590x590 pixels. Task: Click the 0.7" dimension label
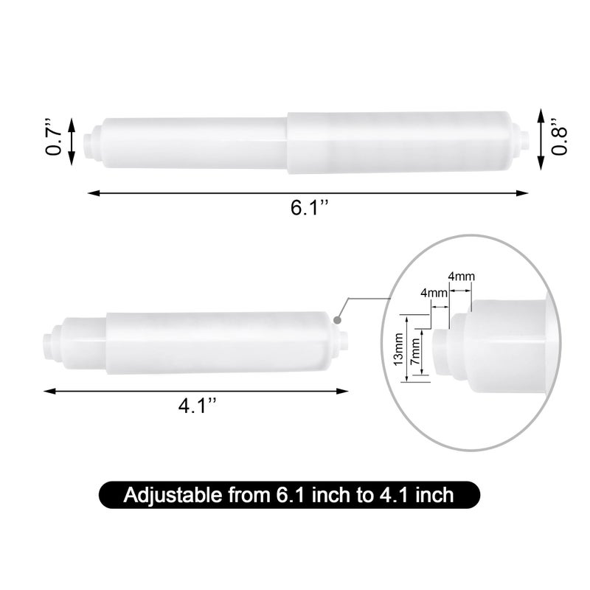click(53, 136)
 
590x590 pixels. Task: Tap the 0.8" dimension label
click(559, 136)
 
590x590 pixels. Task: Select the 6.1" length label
click(309, 207)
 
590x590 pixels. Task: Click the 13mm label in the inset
click(398, 350)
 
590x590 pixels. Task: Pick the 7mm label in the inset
click(415, 351)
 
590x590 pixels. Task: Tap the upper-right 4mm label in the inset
click(461, 277)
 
